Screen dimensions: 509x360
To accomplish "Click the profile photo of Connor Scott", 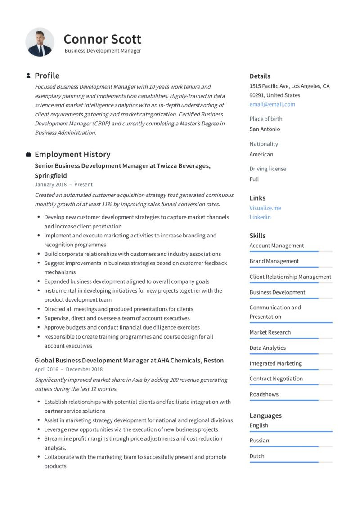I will pos(40,42).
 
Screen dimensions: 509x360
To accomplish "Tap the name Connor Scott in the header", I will pos(102,39).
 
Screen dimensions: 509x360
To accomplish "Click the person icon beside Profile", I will pos(28,76).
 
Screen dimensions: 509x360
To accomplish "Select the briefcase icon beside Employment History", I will pos(28,155).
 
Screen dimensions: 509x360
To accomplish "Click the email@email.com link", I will pos(272,104).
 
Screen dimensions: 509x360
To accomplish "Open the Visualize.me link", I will pos(265,208).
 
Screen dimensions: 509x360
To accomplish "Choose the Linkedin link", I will pos(260,217).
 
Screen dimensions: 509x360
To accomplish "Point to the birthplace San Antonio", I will pos(265,129).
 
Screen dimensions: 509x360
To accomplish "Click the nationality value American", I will pos(261,154).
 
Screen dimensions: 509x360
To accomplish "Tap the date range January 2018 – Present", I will pos(63,184).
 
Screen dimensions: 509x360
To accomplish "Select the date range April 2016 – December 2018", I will pos(68,369).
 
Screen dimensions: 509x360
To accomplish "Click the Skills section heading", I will pos(257,236).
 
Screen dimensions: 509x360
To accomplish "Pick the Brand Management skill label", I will pos(274,261).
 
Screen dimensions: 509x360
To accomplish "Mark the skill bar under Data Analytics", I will pos(291,354).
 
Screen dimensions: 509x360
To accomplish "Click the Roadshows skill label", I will pos(264,394).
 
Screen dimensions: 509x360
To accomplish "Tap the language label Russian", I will pos(259,441).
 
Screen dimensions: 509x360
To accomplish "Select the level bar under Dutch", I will pos(291,462).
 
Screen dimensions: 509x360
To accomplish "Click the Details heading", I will pos(260,76).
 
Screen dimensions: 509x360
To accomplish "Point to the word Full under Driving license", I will pos(254,179).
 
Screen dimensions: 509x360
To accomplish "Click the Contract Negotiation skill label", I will pos(276,379).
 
